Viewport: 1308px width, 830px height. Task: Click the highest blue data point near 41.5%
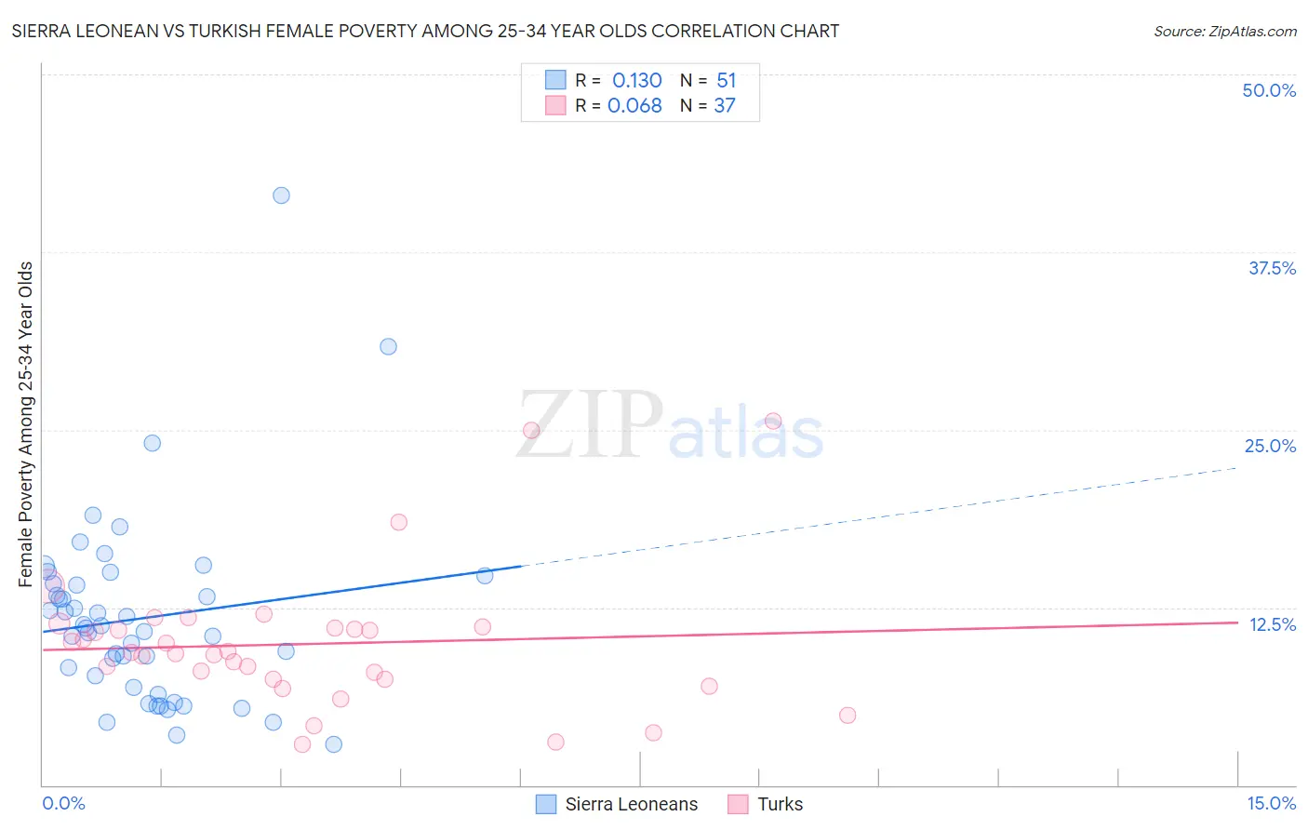pyautogui.click(x=281, y=195)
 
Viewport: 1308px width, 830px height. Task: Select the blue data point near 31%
pyautogui.click(x=388, y=346)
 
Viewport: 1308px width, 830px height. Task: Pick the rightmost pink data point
pyautogui.click(x=847, y=716)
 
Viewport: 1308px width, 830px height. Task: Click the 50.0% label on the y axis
pyautogui.click(x=1269, y=90)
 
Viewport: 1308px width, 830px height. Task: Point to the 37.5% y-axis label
pyautogui.click(x=1272, y=268)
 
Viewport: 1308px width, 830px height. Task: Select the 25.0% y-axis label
pyautogui.click(x=1270, y=446)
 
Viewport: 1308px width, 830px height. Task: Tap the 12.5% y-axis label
pyautogui.click(x=1272, y=624)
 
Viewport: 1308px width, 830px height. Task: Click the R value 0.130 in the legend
pyautogui.click(x=636, y=81)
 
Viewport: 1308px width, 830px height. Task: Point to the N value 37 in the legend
pyautogui.click(x=725, y=106)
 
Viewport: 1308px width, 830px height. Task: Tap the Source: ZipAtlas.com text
pyautogui.click(x=1224, y=32)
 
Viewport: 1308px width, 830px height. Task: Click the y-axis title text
pyautogui.click(x=26, y=424)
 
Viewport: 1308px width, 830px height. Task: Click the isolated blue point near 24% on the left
pyautogui.click(x=152, y=443)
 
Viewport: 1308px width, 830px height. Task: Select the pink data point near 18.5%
pyautogui.click(x=398, y=522)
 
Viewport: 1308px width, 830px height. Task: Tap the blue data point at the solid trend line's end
pyautogui.click(x=485, y=576)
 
